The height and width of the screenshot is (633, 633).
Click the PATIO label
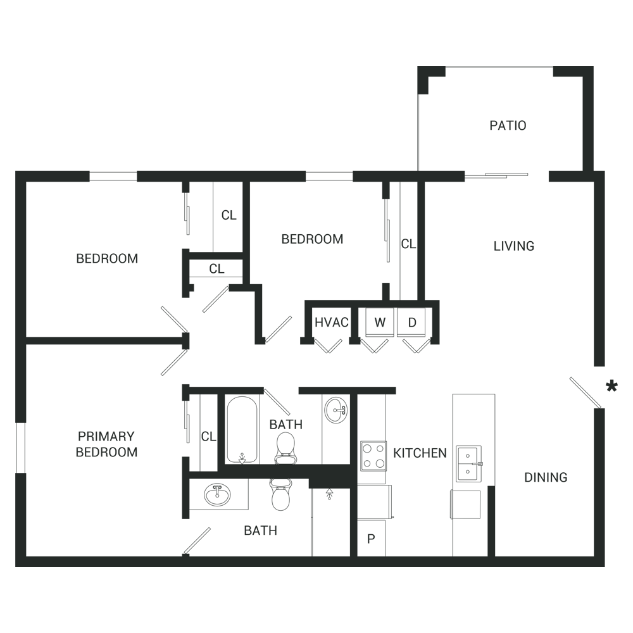(x=508, y=125)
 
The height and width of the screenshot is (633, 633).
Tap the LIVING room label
(x=513, y=246)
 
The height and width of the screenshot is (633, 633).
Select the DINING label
(x=546, y=477)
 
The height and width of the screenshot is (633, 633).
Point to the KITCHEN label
(x=420, y=453)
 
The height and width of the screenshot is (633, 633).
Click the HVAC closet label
(x=332, y=322)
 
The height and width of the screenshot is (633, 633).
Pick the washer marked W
(x=379, y=322)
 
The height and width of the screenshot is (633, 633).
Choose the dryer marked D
(x=411, y=322)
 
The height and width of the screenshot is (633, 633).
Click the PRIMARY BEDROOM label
(x=106, y=444)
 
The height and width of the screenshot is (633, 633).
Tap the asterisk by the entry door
(x=611, y=386)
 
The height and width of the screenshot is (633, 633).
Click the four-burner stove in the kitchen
(x=373, y=456)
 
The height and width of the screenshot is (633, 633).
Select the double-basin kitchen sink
(x=469, y=464)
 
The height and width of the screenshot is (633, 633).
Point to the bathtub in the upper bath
(x=242, y=430)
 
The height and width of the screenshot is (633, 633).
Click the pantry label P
(x=371, y=539)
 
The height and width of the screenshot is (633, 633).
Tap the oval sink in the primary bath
(x=218, y=496)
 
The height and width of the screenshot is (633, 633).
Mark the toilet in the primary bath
(x=280, y=494)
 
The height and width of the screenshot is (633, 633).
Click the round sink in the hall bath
(x=336, y=410)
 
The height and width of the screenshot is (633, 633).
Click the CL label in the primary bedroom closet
(x=208, y=436)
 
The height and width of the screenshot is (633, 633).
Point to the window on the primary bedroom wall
(x=21, y=448)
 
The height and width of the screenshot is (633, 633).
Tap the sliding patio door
(x=496, y=175)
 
